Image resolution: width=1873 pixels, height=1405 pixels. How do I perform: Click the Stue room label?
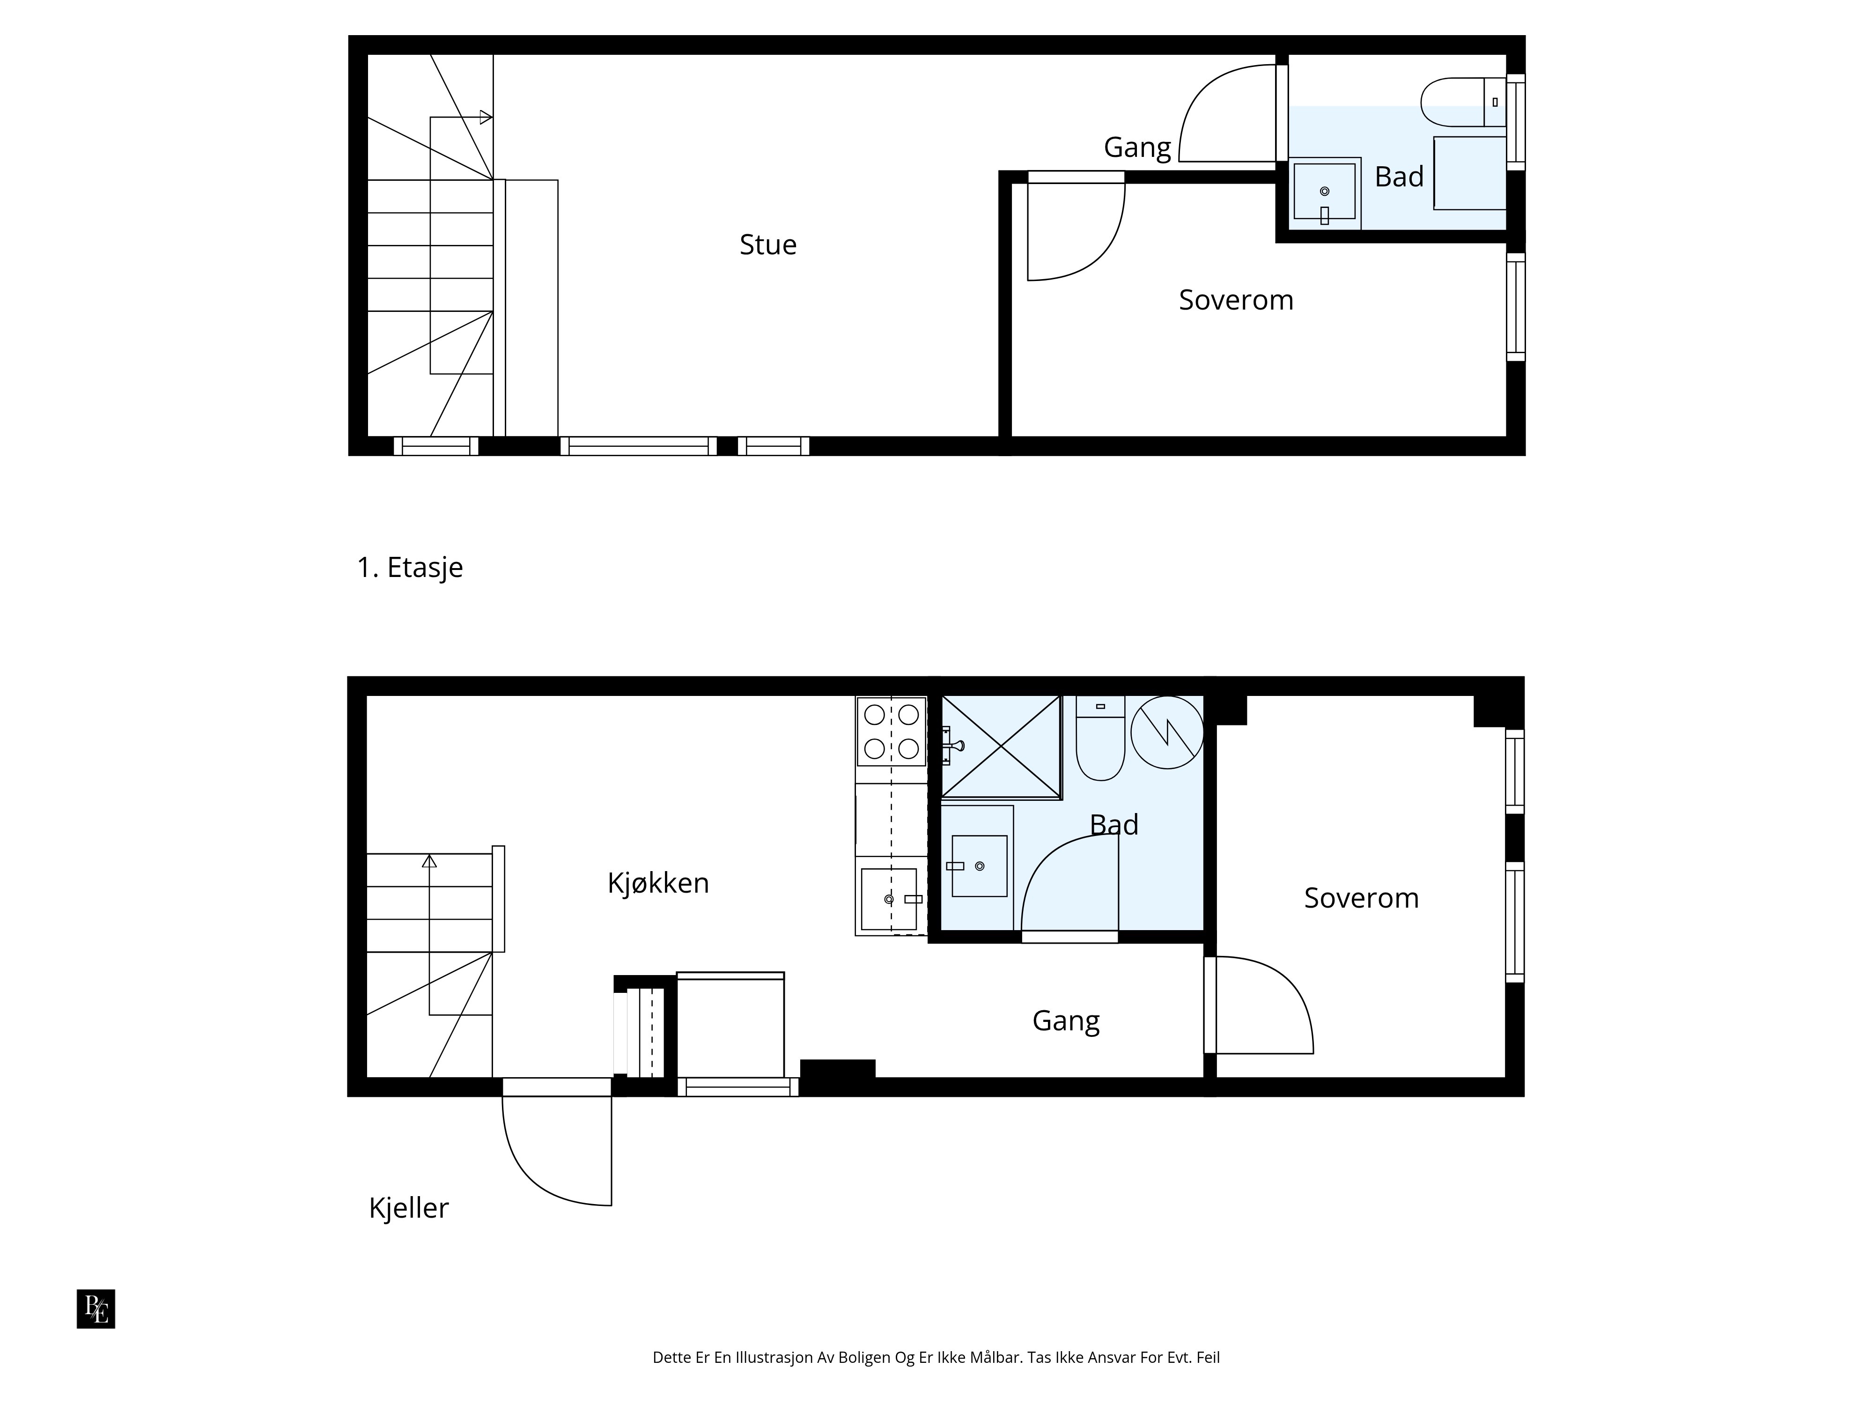[x=768, y=245]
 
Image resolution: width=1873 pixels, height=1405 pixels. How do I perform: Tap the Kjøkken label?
[x=658, y=883]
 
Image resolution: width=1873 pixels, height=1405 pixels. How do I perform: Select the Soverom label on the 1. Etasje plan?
[x=1236, y=300]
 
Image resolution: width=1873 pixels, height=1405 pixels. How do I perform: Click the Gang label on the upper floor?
[x=1137, y=148]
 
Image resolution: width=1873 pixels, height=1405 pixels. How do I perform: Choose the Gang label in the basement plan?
[x=1066, y=1020]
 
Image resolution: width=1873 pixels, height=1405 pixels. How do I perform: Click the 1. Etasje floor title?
[x=410, y=568]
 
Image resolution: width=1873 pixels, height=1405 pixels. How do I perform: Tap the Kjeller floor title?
[x=408, y=1208]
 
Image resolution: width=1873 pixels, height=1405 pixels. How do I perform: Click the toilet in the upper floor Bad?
[x=1463, y=102]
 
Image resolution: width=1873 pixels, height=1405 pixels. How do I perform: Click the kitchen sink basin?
[x=889, y=899]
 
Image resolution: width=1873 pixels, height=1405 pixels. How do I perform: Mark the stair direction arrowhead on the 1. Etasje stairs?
[x=486, y=117]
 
